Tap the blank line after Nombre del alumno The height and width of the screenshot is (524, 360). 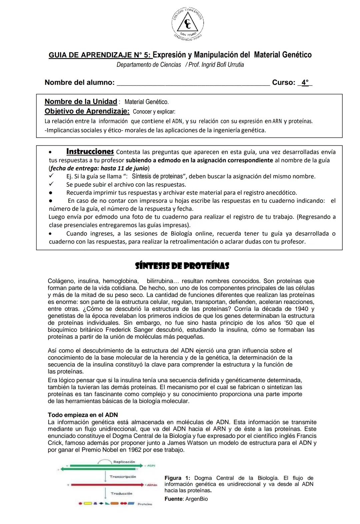point(193,83)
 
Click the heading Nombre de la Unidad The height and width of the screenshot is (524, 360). point(81,102)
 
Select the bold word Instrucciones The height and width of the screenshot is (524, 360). point(90,152)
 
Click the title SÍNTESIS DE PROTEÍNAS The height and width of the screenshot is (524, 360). point(182,266)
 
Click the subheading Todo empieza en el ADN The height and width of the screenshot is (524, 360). point(83,415)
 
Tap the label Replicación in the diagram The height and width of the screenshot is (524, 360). point(124,462)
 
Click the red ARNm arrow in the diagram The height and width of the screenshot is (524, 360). point(107,484)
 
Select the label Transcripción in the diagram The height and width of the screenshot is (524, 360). point(123,477)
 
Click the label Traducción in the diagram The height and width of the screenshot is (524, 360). point(121,493)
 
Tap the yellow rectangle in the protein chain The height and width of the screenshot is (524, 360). point(88,503)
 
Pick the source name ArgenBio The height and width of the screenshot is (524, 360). point(196,499)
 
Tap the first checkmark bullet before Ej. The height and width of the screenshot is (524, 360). point(51,176)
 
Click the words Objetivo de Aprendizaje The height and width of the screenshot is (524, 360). point(87,111)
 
